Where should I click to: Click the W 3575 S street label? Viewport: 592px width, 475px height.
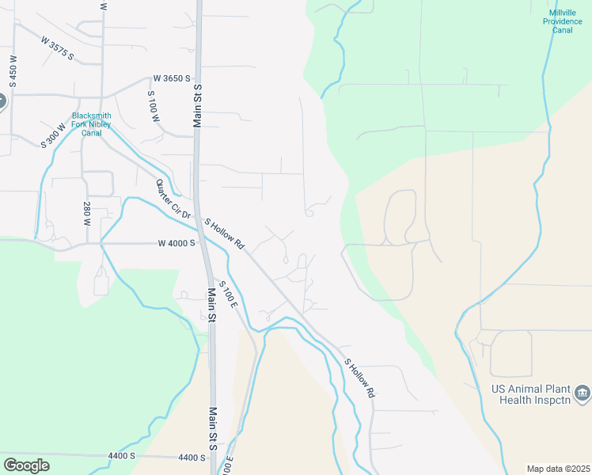coord(57,47)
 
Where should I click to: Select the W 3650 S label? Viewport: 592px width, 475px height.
coord(173,78)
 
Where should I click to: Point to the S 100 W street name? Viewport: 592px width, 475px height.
coord(154,105)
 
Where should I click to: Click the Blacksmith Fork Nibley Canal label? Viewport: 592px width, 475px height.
coord(92,124)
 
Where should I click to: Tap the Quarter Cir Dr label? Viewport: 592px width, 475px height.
coord(173,199)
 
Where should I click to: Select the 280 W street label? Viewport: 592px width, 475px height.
coord(87,211)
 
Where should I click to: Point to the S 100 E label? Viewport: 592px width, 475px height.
coord(229,294)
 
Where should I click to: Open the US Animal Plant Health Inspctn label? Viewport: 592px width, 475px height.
coord(531,394)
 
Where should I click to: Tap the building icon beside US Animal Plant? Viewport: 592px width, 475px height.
coord(582,392)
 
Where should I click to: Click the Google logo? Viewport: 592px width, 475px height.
coord(26,465)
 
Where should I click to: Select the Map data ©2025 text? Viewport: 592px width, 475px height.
coord(557,468)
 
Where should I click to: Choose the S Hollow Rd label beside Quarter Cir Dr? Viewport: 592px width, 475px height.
coord(226,235)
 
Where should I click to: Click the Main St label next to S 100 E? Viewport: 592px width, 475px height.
coord(212,306)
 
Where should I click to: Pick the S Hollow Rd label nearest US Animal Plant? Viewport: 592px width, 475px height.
coord(359,378)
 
